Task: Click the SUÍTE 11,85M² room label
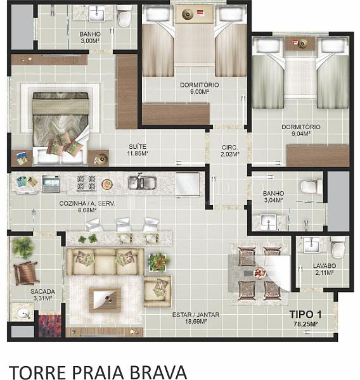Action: point(138,150)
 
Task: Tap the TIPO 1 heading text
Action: point(305,315)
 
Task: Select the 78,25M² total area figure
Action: point(305,324)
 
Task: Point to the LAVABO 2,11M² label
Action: point(325,269)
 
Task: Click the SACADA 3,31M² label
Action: point(42,294)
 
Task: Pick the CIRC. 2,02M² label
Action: point(229,151)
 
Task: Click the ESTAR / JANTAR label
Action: point(196,315)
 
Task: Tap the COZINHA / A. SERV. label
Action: point(87,203)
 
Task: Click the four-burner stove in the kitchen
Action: point(86,183)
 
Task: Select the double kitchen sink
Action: point(142,182)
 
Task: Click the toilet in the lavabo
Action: point(338,247)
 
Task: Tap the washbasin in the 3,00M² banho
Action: point(96,14)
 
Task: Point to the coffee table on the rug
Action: point(105,300)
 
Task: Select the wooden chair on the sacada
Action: point(26,273)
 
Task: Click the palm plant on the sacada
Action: point(23,247)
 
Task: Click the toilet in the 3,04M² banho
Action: point(311,186)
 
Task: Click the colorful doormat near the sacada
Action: point(49,326)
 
